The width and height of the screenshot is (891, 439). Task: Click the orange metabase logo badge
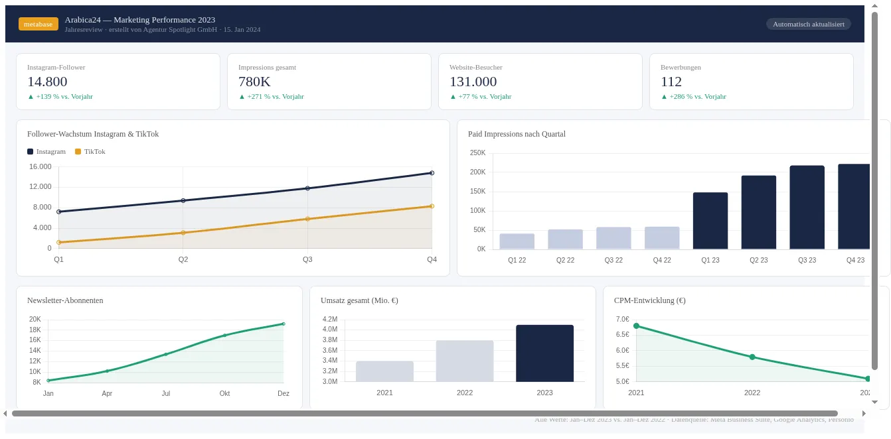pos(39,24)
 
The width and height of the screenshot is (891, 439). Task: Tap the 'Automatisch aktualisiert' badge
pos(808,24)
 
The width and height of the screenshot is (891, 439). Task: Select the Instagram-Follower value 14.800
pos(47,82)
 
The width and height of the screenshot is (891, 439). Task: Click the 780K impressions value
pos(254,82)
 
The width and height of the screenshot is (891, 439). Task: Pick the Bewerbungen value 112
pos(671,82)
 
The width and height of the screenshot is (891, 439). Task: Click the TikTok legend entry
pos(90,151)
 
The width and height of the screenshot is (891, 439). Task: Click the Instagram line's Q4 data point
pos(432,173)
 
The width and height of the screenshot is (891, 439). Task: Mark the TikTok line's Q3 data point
pos(307,219)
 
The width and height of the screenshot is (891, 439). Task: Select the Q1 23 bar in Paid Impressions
pos(710,221)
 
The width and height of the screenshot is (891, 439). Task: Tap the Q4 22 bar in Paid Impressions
pos(662,238)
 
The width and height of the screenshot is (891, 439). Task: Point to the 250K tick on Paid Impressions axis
pos(477,153)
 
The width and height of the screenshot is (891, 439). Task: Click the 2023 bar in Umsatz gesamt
pos(544,353)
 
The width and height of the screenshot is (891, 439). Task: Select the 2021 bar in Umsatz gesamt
pos(384,371)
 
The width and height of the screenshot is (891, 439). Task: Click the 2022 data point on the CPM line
pos(752,357)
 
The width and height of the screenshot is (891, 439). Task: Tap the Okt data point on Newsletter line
pos(225,336)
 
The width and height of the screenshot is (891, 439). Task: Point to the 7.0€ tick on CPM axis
pos(622,319)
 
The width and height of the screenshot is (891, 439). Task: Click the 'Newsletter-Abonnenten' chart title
pos(65,300)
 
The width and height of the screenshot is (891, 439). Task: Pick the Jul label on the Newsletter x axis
pos(166,393)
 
